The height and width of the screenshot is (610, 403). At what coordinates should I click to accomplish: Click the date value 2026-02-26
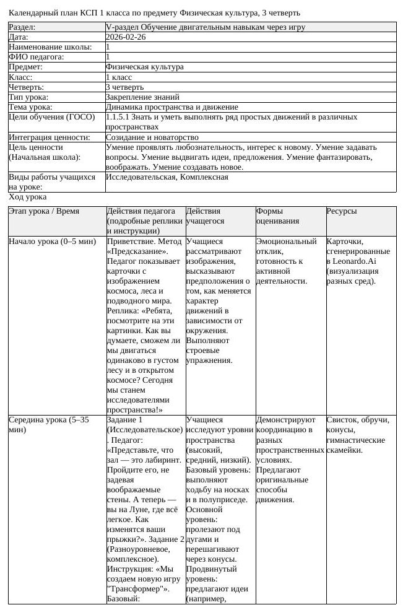pos(126,37)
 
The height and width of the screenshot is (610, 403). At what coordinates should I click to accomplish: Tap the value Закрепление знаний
pos(142,97)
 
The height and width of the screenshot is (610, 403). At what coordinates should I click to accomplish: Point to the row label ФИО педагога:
pos(37,57)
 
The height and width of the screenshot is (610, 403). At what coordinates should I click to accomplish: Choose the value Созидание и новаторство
pos(152,137)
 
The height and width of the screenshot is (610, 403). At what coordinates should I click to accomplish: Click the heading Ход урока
pos(27,197)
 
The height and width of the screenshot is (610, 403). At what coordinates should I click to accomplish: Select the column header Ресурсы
pos(342,211)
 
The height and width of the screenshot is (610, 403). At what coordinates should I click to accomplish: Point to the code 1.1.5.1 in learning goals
pos(117,116)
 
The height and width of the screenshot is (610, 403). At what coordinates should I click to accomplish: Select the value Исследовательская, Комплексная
pos(167,177)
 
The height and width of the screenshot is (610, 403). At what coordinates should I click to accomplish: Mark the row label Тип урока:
pos(28,97)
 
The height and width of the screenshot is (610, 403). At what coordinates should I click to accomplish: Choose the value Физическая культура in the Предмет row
pos(145,67)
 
